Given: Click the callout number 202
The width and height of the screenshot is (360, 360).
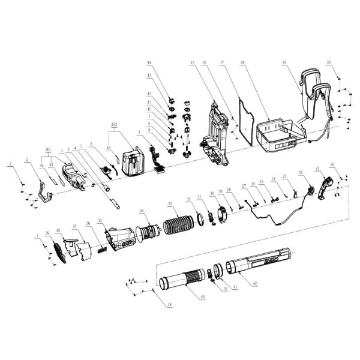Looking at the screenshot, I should [114, 125].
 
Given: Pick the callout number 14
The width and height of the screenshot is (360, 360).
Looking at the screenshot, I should [150, 62].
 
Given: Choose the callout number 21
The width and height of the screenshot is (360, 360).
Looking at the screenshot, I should [316, 169].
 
